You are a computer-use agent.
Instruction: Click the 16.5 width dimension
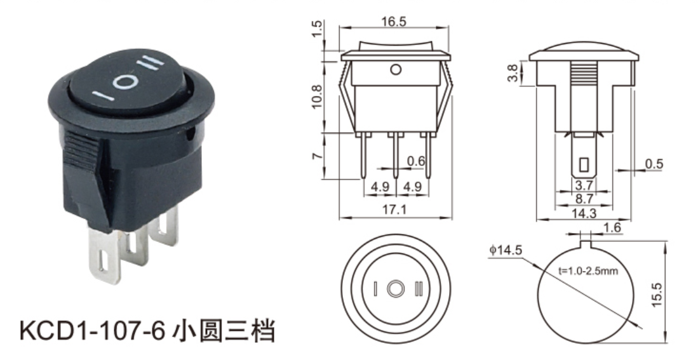click(x=394, y=21)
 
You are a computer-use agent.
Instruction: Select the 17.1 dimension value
click(x=394, y=210)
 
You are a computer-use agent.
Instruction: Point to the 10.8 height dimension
click(x=316, y=96)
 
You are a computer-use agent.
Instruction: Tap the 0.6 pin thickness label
click(x=416, y=161)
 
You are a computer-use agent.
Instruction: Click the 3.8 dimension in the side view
click(x=513, y=74)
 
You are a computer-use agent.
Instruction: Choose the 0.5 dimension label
click(x=654, y=164)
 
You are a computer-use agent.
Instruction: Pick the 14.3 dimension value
click(x=584, y=213)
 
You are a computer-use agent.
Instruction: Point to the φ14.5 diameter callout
click(x=506, y=250)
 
